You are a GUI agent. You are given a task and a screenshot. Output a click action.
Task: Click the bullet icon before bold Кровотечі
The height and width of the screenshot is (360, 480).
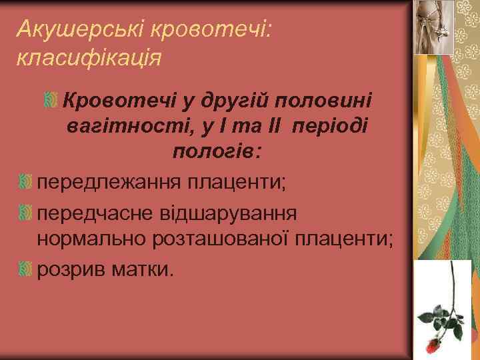pos(50,101)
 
